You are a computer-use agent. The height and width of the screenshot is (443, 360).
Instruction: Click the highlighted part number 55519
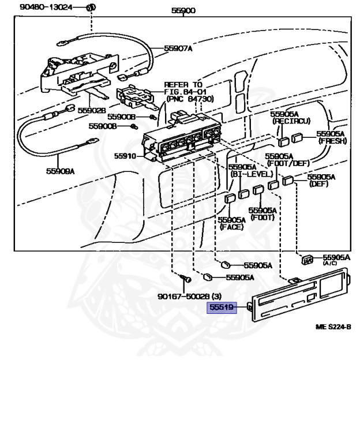point(221,308)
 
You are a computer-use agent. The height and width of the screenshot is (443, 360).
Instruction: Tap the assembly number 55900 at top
point(183,10)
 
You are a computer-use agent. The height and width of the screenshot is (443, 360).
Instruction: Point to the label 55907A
point(178,48)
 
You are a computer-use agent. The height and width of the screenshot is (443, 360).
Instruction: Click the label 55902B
point(92,110)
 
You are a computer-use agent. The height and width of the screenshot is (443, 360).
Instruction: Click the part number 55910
point(125,156)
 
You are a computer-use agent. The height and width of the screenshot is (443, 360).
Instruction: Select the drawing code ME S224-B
point(333,326)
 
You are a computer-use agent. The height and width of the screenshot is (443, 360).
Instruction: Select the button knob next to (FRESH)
point(297,137)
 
